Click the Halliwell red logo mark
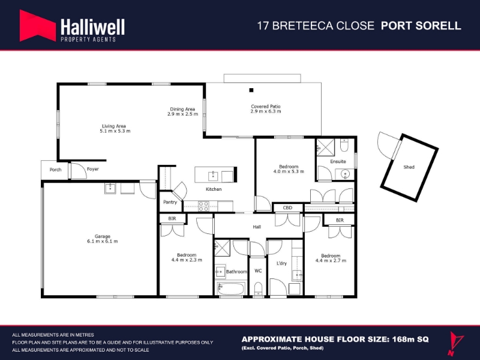coord(37,26)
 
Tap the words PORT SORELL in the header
coord(421,26)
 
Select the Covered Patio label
coord(266,106)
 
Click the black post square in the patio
coord(251,90)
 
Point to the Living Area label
coord(114,126)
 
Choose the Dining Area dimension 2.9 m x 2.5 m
coord(183,114)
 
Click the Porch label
coord(55,170)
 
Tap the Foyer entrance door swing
coord(78,171)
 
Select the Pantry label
coord(170,202)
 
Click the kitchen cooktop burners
coord(203,206)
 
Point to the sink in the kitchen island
coord(213,176)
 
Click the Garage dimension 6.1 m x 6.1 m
coord(102,241)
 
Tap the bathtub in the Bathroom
coord(231,289)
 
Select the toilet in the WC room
coord(259,289)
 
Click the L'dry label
coord(281,263)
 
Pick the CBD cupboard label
coord(287,208)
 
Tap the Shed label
coord(409,167)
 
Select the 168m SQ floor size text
coord(409,339)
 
